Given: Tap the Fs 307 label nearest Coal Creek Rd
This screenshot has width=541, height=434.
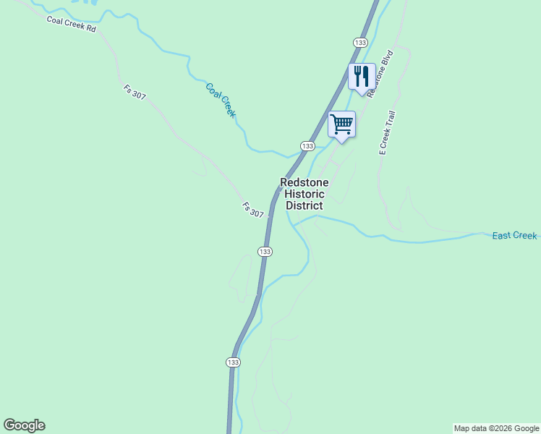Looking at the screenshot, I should point(135,93).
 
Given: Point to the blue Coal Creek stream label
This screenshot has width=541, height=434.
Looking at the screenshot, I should point(221,101).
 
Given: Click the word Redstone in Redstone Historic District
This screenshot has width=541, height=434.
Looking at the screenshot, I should point(304,183).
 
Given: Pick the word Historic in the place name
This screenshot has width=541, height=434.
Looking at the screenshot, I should point(304,194).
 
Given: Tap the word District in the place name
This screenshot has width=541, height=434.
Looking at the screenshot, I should point(304,205).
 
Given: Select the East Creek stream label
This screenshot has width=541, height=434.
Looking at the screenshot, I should point(514,236).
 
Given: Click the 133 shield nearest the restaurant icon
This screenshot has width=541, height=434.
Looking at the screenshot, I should point(360,42).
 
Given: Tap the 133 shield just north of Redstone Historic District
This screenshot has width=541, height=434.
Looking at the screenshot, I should point(307,145).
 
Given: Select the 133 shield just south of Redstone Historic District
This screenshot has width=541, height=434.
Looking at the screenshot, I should point(265,251).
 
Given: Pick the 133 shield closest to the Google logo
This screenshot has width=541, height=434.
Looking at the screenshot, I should point(232,362).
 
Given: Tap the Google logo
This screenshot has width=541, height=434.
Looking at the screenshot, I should point(24,425).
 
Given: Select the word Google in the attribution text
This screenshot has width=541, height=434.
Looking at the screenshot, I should point(524,428).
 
